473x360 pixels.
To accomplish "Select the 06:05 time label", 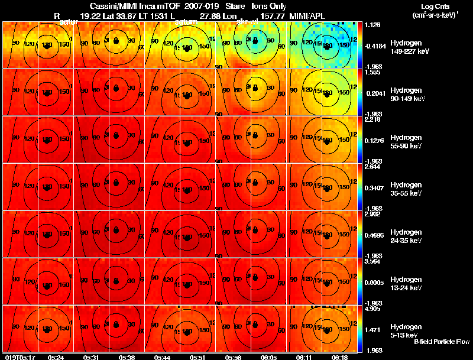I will click(268, 357).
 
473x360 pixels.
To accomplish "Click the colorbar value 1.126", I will click(372, 25).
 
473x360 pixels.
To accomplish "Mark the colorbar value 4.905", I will click(372, 309).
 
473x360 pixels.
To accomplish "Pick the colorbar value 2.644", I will click(372, 167).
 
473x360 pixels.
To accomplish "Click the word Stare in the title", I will click(235, 6).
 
